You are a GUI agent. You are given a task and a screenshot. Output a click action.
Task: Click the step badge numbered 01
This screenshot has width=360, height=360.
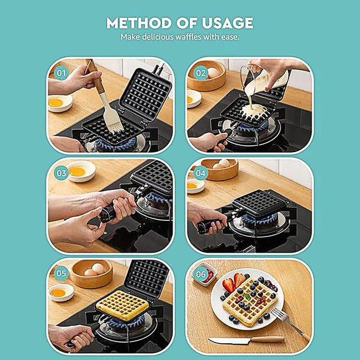(61, 72)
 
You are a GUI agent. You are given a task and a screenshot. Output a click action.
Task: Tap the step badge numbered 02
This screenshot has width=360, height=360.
(200, 72)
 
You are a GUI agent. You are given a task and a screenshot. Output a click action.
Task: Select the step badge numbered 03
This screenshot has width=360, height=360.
(61, 173)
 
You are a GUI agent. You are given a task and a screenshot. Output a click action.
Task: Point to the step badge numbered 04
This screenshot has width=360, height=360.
(200, 173)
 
